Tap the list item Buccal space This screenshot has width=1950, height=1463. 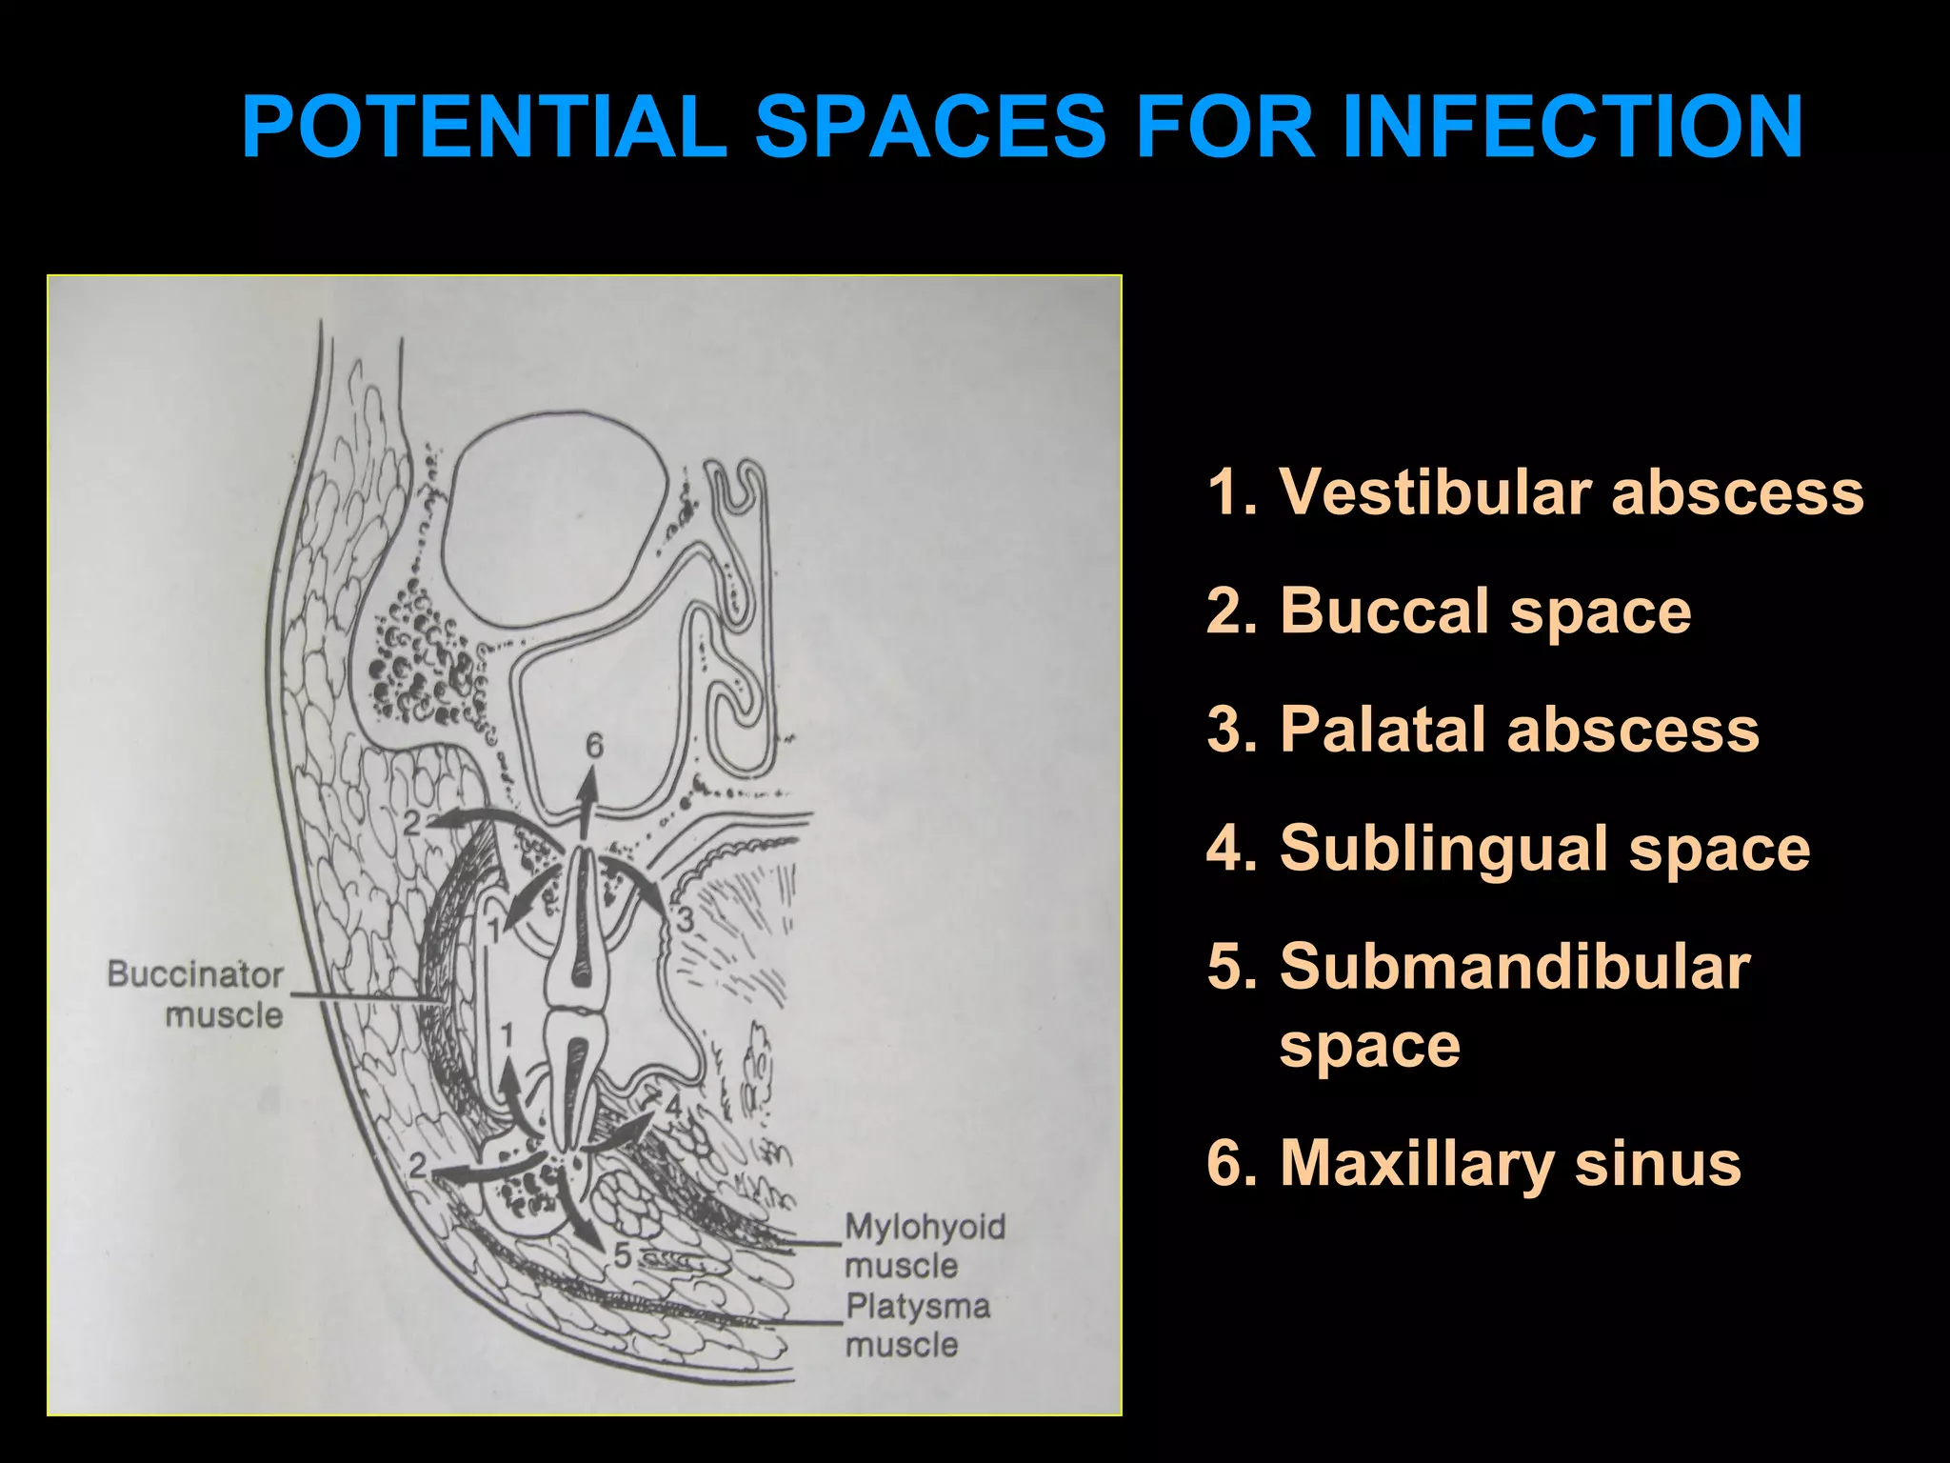point(1448,611)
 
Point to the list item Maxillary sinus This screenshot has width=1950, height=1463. point(1474,1163)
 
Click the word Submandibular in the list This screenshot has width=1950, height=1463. point(1514,967)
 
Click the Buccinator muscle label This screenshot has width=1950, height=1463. point(196,994)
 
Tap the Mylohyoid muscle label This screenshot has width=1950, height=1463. point(924,1246)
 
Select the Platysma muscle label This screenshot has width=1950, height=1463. point(916,1325)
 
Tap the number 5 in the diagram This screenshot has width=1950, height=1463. point(622,1256)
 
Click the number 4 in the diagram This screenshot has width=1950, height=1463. point(673,1108)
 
